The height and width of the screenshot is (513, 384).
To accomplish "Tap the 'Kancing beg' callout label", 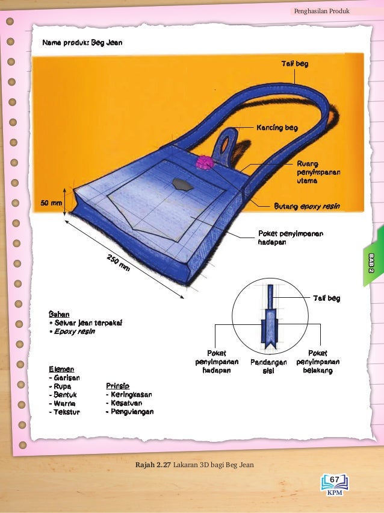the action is coord(277,128).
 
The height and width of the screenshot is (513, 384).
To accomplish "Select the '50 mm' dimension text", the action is coord(51,203).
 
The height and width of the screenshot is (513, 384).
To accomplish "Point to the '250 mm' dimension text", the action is coord(119,263).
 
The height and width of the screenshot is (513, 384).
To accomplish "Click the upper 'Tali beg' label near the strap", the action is coord(295,64).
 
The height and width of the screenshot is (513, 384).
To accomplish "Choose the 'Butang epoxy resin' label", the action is coord(307,206).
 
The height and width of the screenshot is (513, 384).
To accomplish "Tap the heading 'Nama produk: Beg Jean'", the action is coord(82,44).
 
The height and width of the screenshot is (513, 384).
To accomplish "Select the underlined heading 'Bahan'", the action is coord(59,314).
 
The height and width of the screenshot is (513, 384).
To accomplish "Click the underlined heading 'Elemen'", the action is coord(61,369).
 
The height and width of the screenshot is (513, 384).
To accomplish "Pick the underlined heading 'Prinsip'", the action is coord(117,386).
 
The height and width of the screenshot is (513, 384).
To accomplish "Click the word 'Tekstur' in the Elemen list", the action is coord(66,412).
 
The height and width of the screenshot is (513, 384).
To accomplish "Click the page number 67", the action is coord(335,479).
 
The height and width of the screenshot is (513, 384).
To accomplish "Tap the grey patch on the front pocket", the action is coord(180,184).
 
